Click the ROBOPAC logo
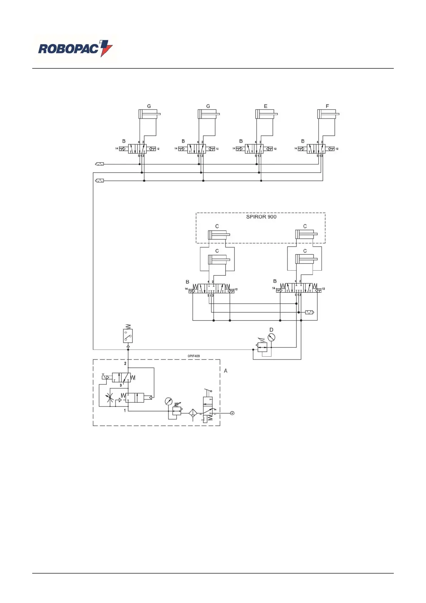click(75, 49)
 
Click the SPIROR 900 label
click(261, 217)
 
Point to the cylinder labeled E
click(266, 114)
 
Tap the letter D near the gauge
click(271, 330)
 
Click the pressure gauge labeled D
click(271, 337)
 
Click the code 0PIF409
click(194, 356)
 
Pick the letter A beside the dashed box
click(226, 371)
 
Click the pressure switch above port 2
click(128, 336)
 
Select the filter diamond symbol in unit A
click(193, 413)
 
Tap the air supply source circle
click(232, 413)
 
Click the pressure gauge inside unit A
click(169, 401)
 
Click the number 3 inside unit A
click(121, 385)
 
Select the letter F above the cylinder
click(327, 106)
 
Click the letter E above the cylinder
click(266, 106)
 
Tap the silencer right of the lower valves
click(309, 312)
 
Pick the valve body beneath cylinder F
click(316, 149)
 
